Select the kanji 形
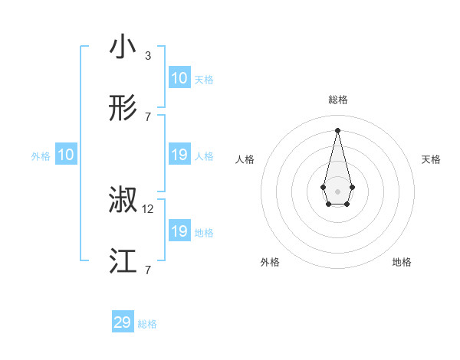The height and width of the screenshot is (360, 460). tap(123, 108)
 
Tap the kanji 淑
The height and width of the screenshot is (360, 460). tap(123, 201)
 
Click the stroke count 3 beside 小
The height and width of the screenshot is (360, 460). tap(147, 56)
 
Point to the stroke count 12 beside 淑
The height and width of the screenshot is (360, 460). tap(148, 209)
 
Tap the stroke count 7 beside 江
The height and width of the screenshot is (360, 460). tap(147, 270)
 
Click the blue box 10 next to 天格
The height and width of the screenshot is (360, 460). tap(179, 79)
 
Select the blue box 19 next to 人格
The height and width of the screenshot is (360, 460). tap(179, 155)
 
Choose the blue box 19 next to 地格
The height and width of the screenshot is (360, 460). tap(179, 231)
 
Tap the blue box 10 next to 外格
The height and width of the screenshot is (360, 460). tap(66, 155)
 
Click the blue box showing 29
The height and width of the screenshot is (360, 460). tap(123, 322)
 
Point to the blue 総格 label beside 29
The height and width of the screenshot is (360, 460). tap(147, 324)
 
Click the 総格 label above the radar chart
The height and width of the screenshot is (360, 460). tap(338, 100)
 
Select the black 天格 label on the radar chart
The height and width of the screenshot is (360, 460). tap(432, 159)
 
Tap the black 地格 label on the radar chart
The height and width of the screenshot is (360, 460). tap(402, 262)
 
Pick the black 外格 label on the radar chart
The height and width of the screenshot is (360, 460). tap(270, 262)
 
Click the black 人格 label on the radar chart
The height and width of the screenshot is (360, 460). tap(245, 159)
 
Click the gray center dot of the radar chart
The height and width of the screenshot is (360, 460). tap(338, 191)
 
